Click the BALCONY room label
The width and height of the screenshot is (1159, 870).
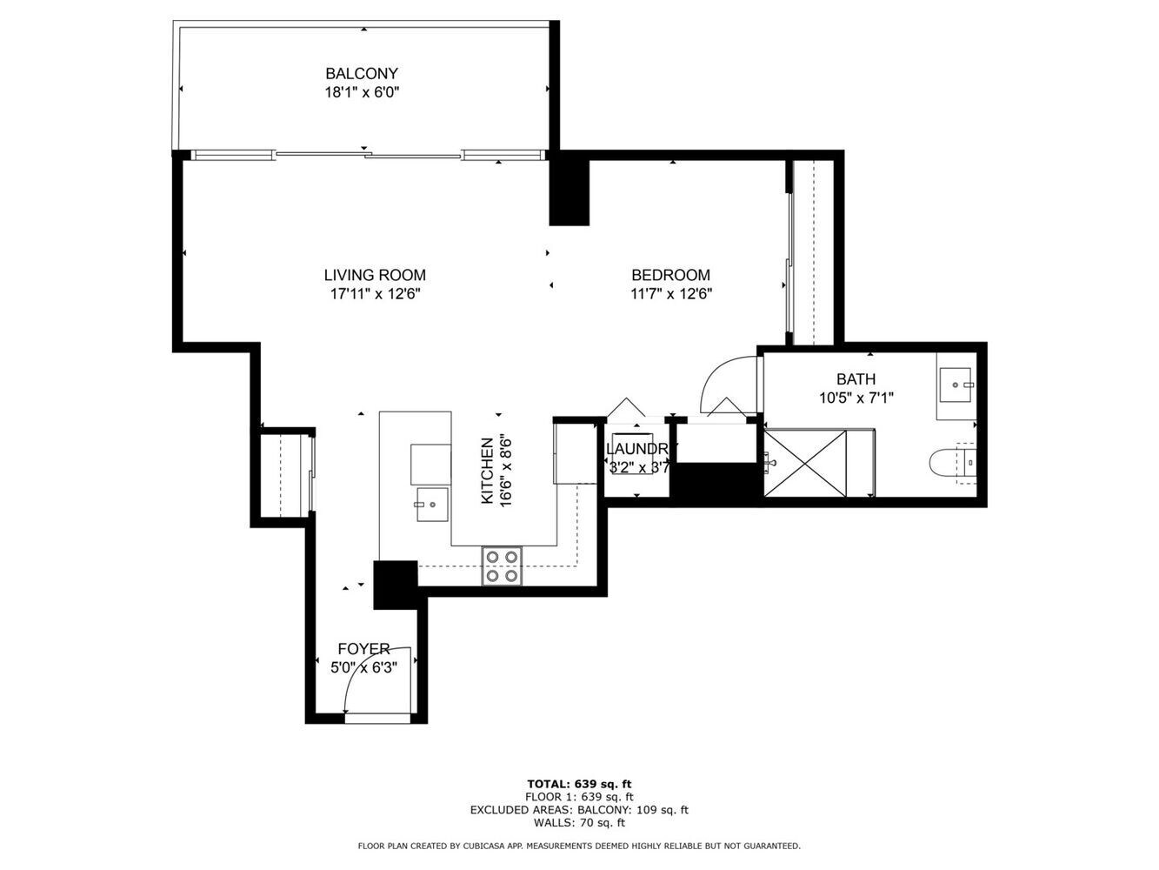click(361, 73)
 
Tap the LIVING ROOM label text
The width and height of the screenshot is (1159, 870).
click(375, 275)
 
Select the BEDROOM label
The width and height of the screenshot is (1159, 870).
click(670, 275)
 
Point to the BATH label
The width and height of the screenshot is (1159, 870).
click(856, 378)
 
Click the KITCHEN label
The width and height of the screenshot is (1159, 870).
click(488, 471)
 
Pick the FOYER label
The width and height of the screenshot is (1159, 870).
click(363, 649)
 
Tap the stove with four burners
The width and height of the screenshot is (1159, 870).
click(502, 565)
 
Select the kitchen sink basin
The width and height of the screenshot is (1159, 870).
click(432, 505)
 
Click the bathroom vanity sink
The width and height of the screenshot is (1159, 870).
click(956, 385)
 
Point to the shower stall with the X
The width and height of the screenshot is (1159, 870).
click(805, 463)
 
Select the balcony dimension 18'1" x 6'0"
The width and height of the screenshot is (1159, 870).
click(362, 92)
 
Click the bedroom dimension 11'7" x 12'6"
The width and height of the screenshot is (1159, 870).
click(671, 294)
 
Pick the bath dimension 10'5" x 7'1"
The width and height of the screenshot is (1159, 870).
click(856, 398)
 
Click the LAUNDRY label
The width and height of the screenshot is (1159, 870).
click(638, 449)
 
